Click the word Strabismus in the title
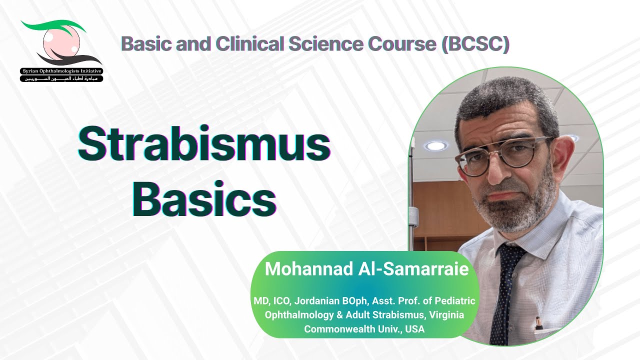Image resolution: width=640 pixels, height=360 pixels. (x=204, y=144)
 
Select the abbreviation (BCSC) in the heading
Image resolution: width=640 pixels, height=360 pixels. (x=475, y=44)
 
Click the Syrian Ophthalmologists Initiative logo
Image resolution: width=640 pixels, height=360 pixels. (x=61, y=50)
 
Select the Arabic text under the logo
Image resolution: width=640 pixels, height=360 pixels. (x=61, y=79)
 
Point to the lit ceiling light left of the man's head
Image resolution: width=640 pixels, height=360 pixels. (x=435, y=145)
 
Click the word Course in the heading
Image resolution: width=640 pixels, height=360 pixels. (x=405, y=44)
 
